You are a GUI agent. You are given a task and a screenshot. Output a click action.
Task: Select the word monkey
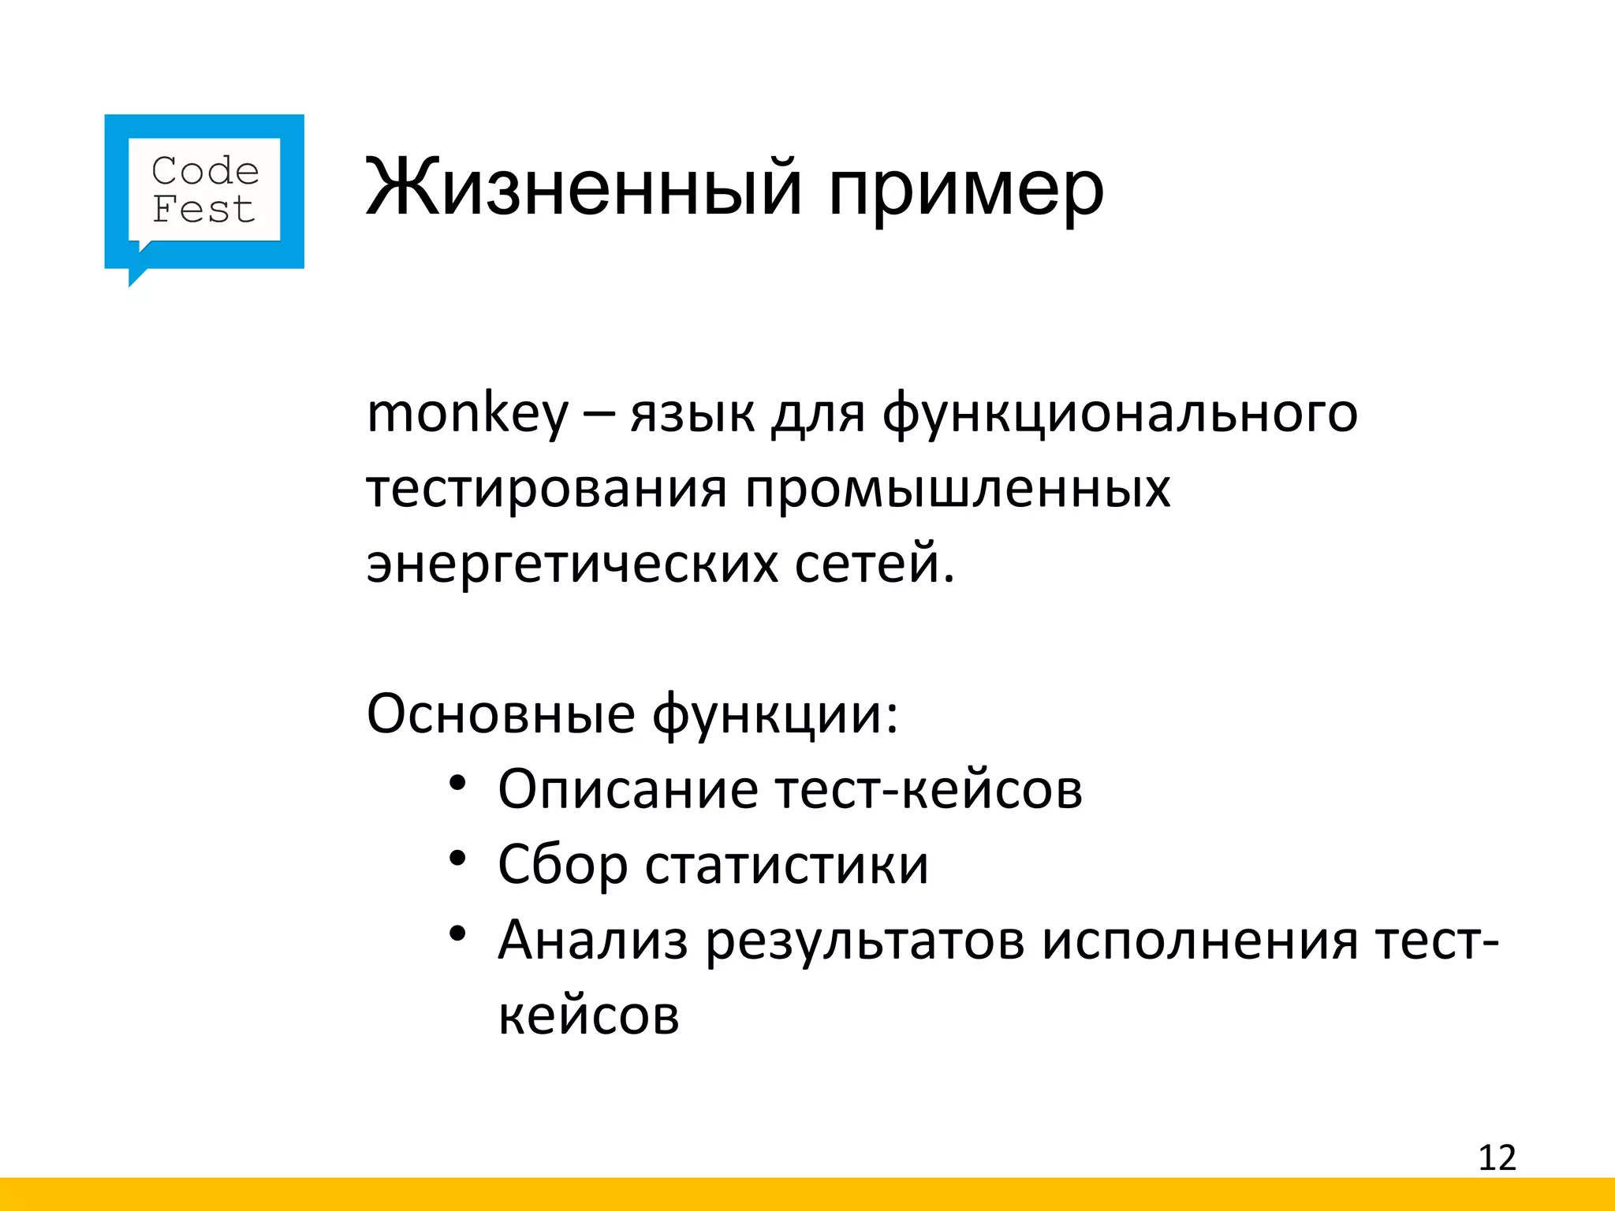[x=467, y=413]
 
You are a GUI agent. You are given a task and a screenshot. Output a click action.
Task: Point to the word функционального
[x=1120, y=413]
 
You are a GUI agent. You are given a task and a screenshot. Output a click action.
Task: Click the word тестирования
[x=546, y=489]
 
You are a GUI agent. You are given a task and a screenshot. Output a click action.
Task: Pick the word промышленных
[x=957, y=489]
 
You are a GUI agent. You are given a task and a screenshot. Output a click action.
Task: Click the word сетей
[x=874, y=565]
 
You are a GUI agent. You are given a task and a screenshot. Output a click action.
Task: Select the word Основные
[x=501, y=714]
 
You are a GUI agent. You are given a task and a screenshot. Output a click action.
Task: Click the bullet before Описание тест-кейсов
[x=458, y=784]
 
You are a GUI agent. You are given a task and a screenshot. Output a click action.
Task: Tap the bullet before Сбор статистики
[x=458, y=859]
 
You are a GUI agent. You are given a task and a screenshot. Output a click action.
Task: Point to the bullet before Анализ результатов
[x=458, y=934]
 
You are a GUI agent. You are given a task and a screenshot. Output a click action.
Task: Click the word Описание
[x=628, y=789]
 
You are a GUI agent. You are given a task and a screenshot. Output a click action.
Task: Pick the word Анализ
[x=593, y=940]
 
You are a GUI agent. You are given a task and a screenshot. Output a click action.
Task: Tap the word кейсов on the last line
[x=588, y=1015]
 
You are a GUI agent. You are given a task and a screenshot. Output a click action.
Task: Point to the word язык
[x=692, y=413]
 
